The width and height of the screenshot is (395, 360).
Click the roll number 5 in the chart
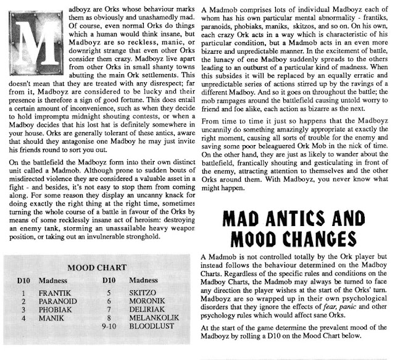(109, 293)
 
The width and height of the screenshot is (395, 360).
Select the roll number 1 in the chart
(23, 293)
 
